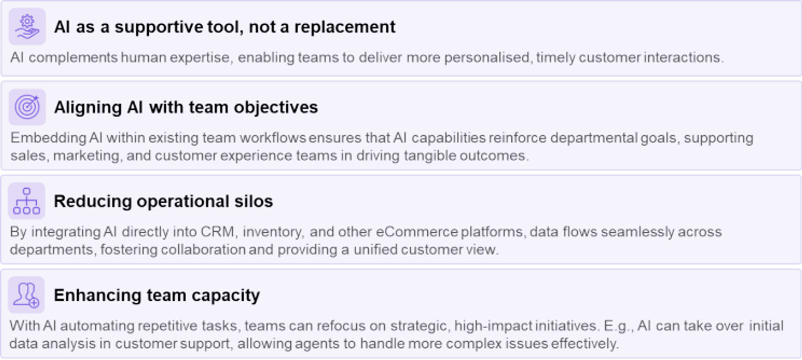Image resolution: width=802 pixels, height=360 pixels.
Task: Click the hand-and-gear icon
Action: point(27,26)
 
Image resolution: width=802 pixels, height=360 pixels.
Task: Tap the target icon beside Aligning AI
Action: point(27,107)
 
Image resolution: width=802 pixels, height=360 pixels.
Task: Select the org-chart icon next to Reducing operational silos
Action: point(27,201)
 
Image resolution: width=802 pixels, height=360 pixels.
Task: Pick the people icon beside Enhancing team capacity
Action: point(26,295)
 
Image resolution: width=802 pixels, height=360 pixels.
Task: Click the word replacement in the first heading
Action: point(345,27)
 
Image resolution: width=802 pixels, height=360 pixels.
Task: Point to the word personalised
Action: point(488,57)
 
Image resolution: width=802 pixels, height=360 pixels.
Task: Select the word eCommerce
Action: point(416,232)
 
